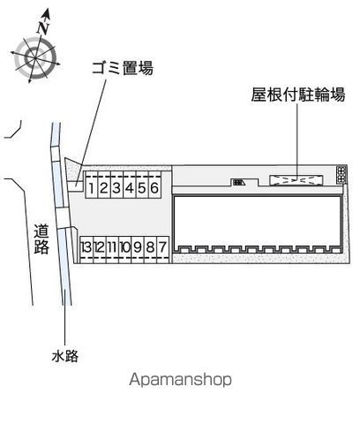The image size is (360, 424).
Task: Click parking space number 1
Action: [x=92, y=185]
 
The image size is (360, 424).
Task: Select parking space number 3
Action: [x=116, y=185]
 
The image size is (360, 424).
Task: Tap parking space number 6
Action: [x=154, y=185]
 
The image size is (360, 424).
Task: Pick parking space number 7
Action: [x=163, y=249]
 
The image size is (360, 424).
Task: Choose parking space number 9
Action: [x=138, y=249]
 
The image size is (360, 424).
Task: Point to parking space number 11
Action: [x=112, y=249]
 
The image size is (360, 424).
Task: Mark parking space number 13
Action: [x=86, y=249]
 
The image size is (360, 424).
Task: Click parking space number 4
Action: [x=130, y=185]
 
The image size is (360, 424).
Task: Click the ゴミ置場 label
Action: [x=123, y=68]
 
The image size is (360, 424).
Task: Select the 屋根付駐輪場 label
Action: [x=298, y=95]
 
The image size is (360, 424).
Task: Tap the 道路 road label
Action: [x=41, y=239]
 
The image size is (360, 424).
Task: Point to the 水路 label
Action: [x=65, y=356]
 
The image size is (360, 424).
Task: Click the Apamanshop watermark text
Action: [x=180, y=380]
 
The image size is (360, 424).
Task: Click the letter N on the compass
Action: [x=43, y=28]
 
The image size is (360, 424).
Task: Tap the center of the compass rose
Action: [x=34, y=57]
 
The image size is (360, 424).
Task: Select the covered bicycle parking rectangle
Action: [x=296, y=180]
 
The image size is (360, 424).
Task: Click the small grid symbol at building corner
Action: [x=341, y=175]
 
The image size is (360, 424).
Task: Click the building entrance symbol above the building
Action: [x=239, y=183]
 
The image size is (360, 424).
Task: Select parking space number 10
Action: [x=124, y=249]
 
